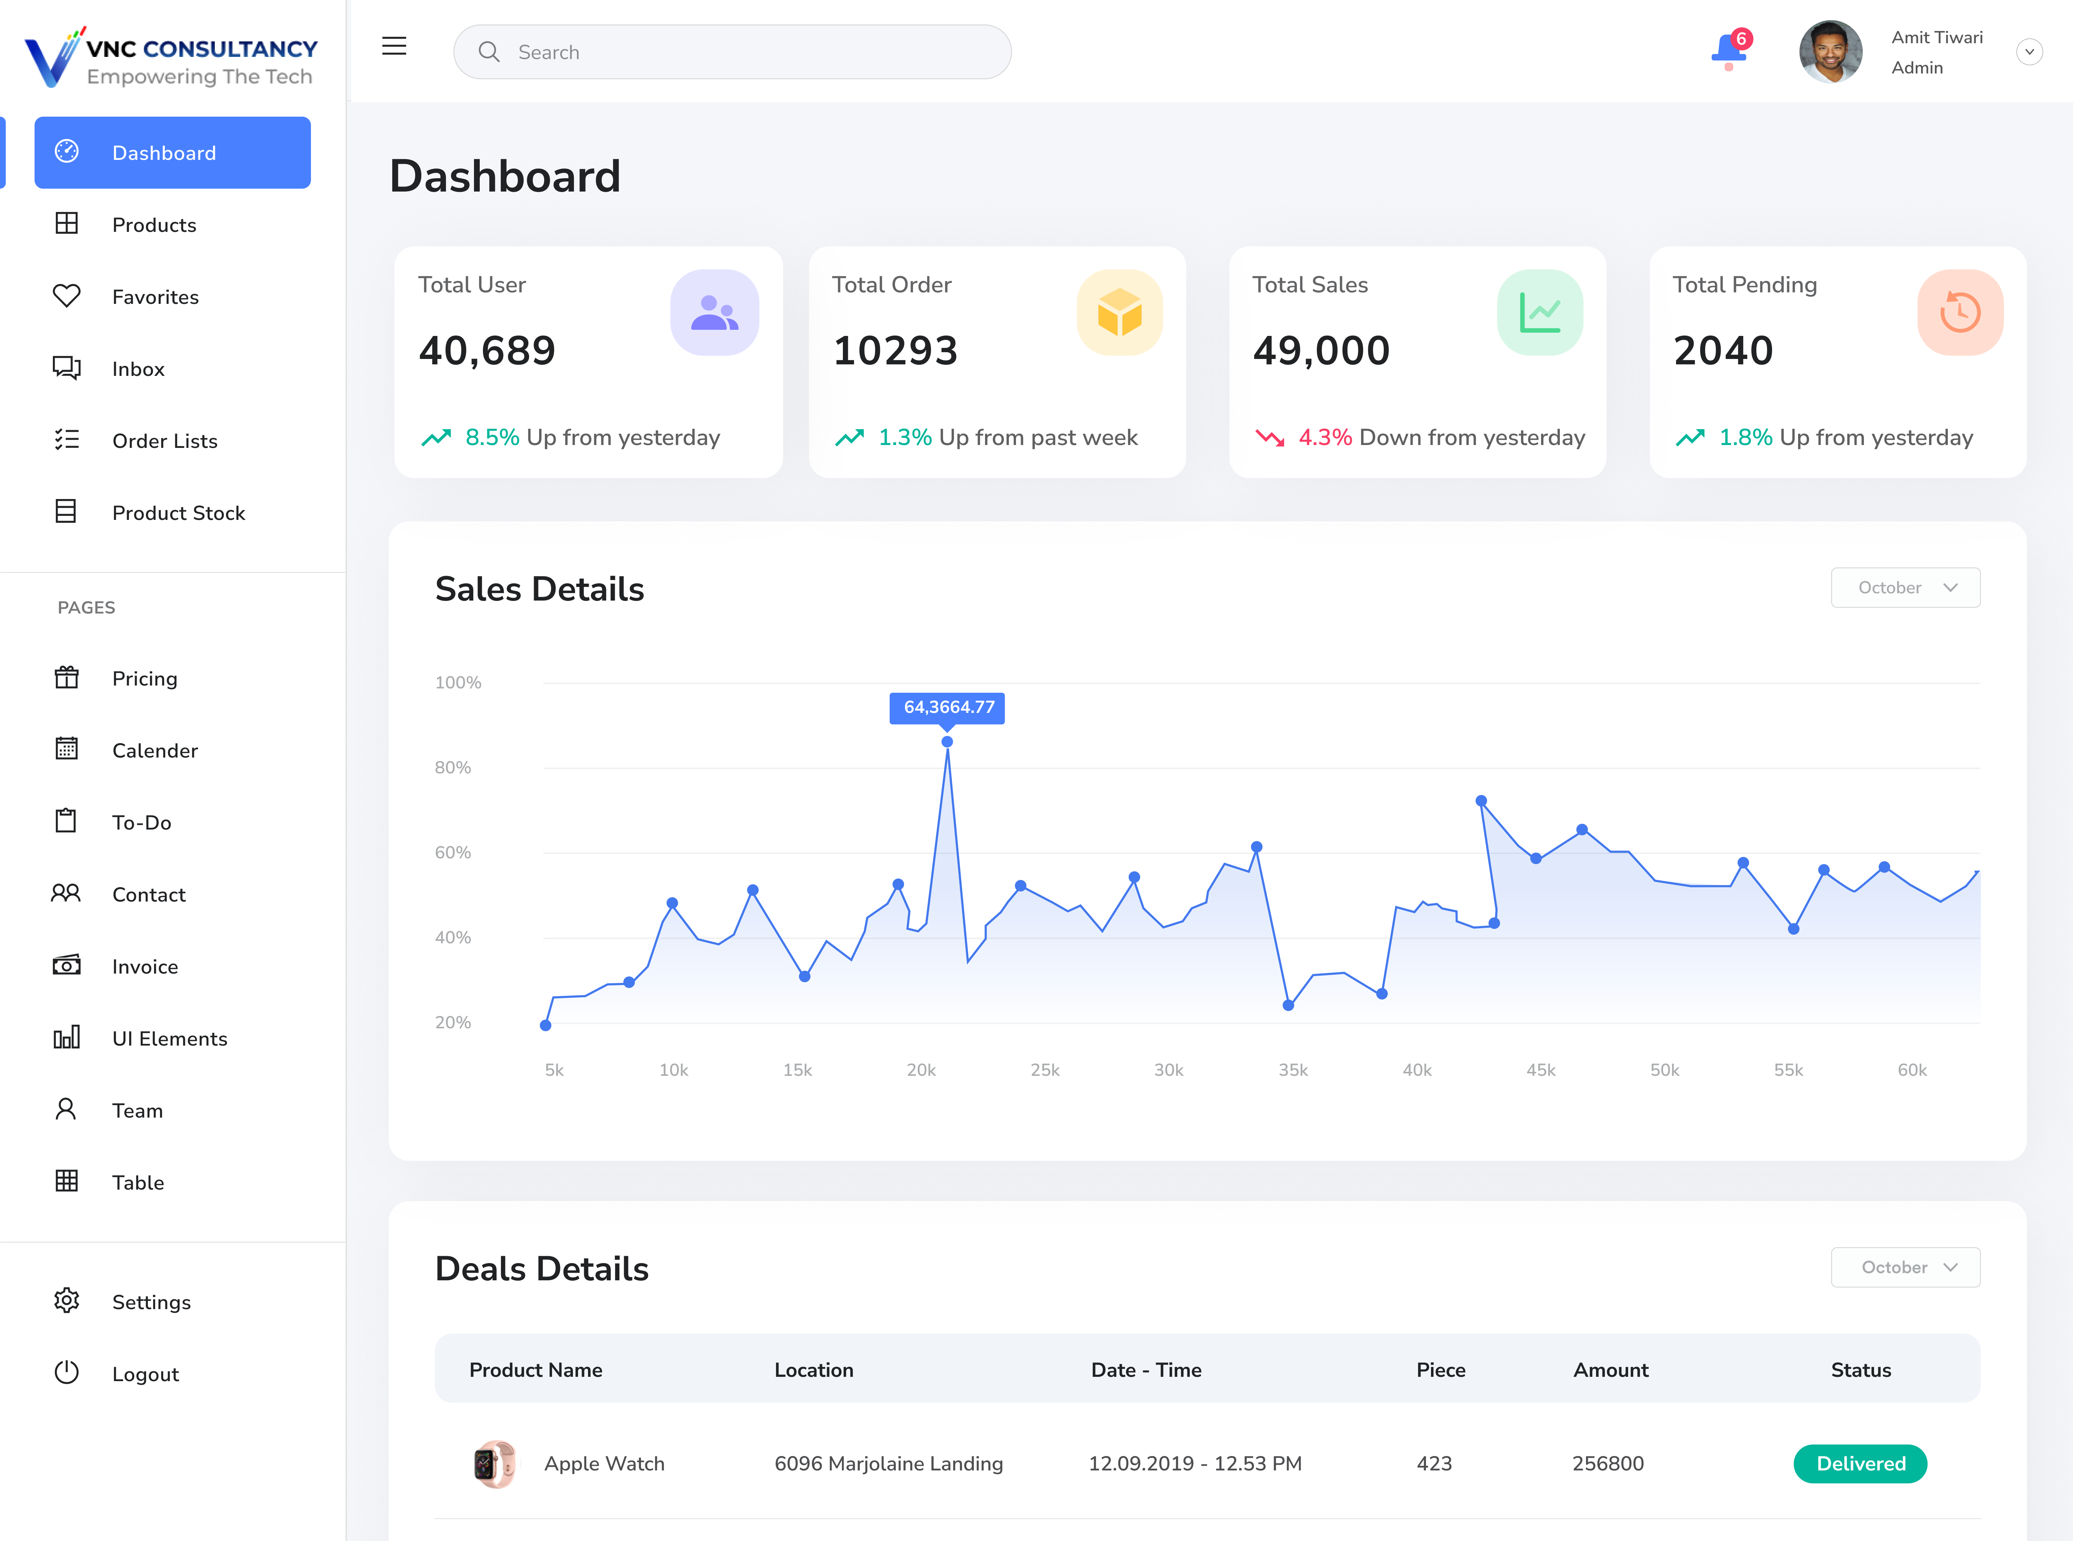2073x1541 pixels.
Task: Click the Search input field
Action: [732, 52]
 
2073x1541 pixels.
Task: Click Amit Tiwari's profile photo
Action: [1830, 52]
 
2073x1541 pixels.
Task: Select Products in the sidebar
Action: [154, 225]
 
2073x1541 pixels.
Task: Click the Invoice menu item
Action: [145, 966]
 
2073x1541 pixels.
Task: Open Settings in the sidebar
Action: [151, 1302]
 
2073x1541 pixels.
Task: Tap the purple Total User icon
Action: [714, 313]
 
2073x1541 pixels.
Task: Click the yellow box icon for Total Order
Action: [1119, 313]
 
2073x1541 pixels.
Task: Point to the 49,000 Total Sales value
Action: [1320, 351]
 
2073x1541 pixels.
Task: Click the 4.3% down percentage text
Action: [1324, 437]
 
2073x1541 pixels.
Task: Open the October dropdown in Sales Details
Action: [1905, 588]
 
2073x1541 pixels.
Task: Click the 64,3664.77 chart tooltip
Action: [948, 707]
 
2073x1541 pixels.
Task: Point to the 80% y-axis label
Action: [453, 768]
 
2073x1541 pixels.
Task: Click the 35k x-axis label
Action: [1292, 1070]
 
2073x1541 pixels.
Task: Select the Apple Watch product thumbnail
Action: [494, 1464]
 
